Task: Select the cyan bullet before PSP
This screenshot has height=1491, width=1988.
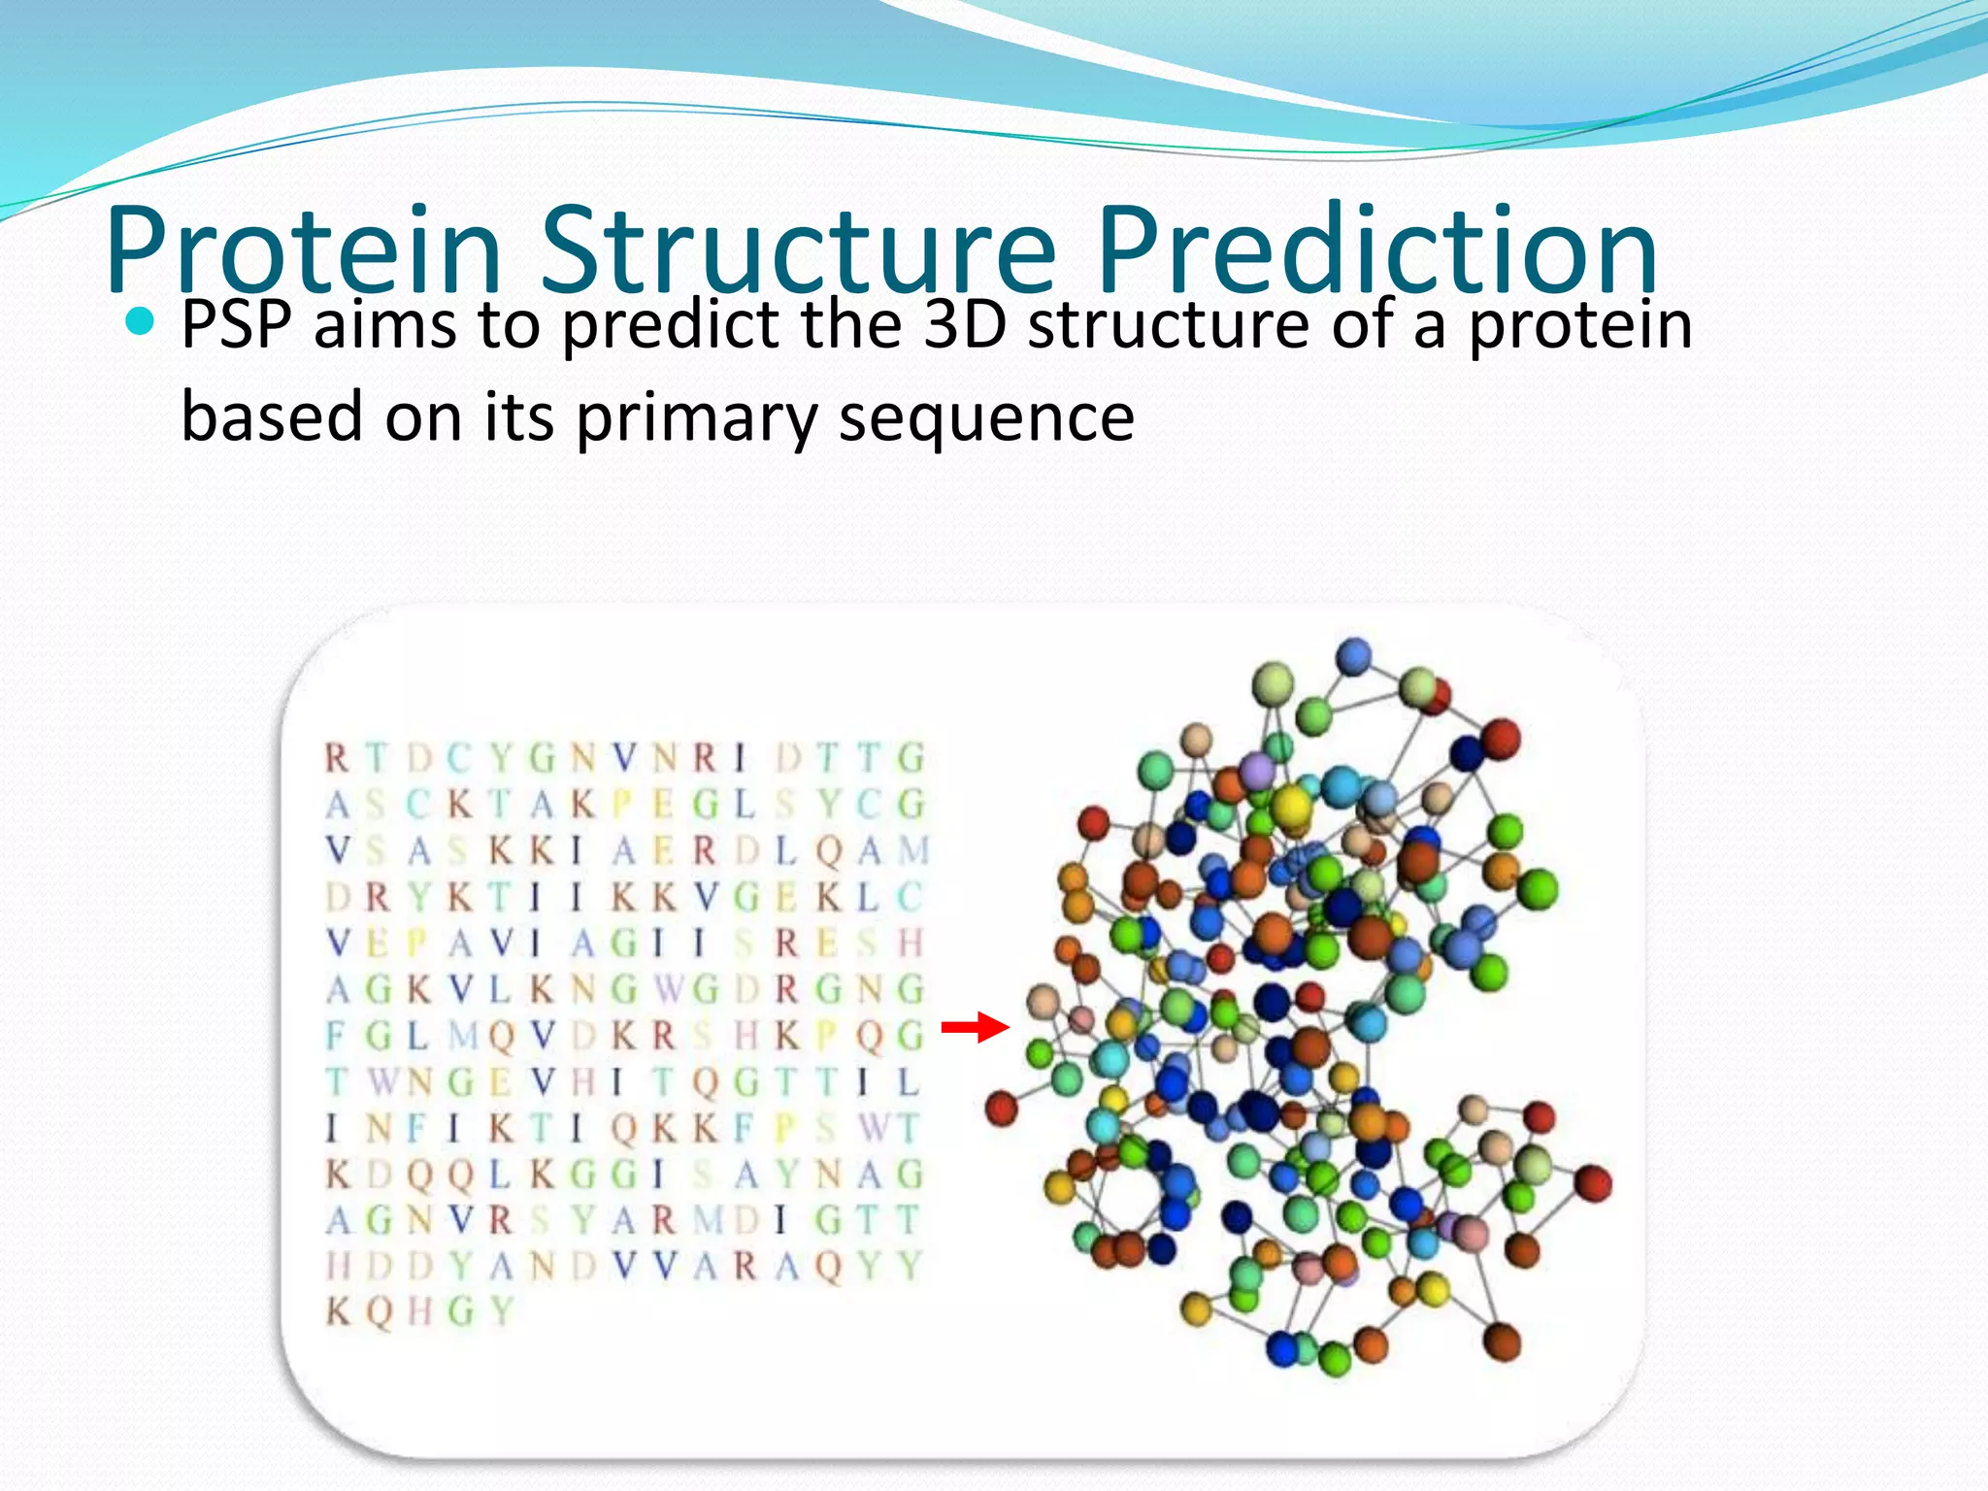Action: [141, 320]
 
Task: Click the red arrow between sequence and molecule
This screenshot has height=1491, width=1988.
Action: [976, 1026]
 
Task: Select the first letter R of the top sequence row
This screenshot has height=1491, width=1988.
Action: [337, 758]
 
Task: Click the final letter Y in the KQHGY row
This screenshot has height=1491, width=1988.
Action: [501, 1312]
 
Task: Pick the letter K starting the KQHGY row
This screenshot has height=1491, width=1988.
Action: [337, 1312]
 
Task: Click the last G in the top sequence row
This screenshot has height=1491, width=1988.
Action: [911, 758]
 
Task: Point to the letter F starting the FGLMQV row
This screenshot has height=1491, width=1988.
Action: [335, 1036]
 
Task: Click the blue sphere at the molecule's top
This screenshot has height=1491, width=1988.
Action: [1353, 657]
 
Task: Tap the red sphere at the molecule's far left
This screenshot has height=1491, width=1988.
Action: [1001, 1108]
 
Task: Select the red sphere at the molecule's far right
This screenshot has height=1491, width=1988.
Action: [1593, 1183]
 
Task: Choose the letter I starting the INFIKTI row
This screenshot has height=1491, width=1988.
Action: [332, 1128]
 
